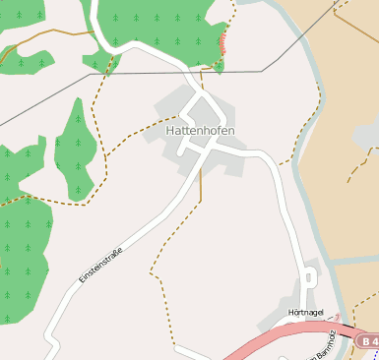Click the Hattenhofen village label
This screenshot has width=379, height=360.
tap(201, 130)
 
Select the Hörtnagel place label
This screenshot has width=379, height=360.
tap(306, 312)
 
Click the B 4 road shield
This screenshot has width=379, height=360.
tap(368, 340)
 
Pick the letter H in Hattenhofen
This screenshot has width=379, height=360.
tap(170, 130)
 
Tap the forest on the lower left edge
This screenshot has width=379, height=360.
tap(20, 246)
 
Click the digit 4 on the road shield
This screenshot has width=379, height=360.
tap(373, 340)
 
